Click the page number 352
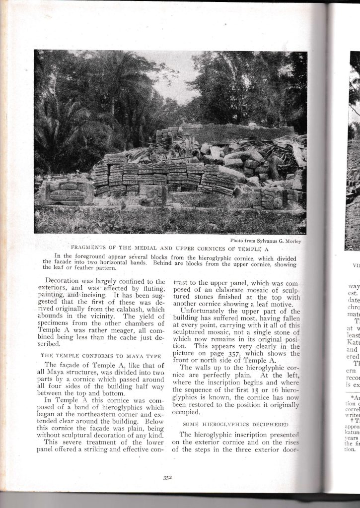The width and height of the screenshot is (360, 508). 167,478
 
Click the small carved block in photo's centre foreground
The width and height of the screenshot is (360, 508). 153,195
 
